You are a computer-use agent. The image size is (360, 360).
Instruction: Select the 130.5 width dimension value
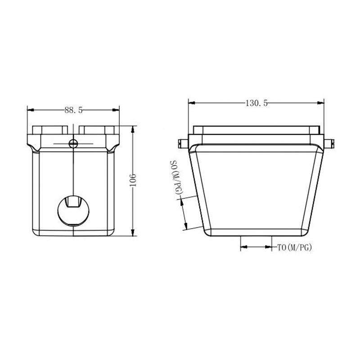point(256,103)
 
